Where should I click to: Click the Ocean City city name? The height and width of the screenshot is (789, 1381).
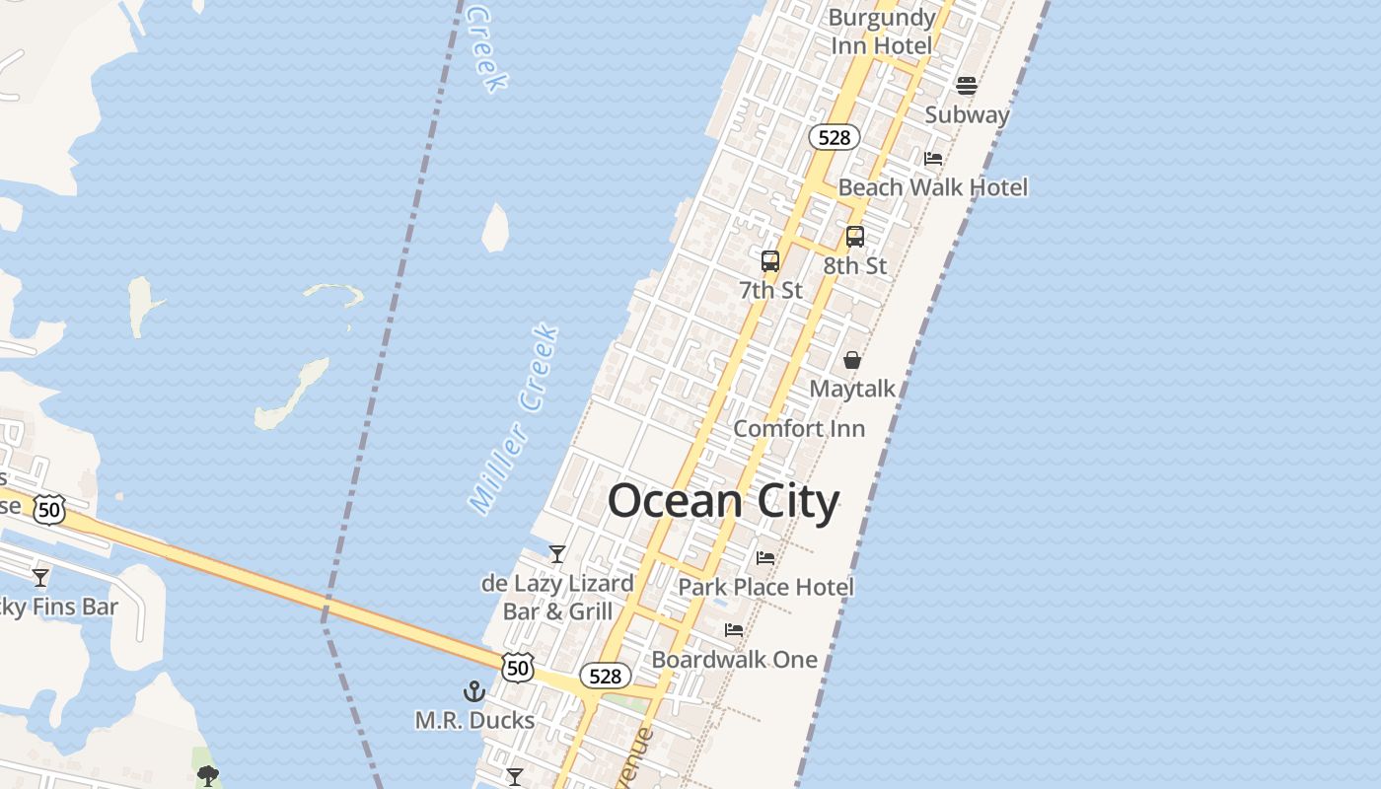pyautogui.click(x=723, y=501)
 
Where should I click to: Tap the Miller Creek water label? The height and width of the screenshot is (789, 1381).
pyautogui.click(x=514, y=419)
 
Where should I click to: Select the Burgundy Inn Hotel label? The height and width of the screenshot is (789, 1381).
pyautogui.click(x=881, y=32)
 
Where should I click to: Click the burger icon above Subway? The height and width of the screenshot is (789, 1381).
pyautogui.click(x=967, y=86)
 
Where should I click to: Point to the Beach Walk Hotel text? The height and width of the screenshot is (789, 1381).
pyautogui.click(x=932, y=187)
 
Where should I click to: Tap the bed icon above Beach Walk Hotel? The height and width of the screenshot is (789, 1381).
pyautogui.click(x=933, y=159)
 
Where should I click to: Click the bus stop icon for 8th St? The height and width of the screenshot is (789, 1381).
pyautogui.click(x=855, y=237)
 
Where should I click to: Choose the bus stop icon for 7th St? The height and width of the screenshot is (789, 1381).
pyautogui.click(x=770, y=261)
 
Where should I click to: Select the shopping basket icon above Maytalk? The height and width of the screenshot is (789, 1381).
pyautogui.click(x=852, y=360)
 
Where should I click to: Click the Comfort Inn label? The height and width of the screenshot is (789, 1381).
pyautogui.click(x=799, y=428)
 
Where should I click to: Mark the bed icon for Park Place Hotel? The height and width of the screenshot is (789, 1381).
pyautogui.click(x=765, y=558)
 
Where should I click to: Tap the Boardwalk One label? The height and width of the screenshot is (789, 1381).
pyautogui.click(x=734, y=659)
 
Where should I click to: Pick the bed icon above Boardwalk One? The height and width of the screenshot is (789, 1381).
pyautogui.click(x=734, y=630)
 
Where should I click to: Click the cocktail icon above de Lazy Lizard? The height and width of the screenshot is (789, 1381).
pyautogui.click(x=557, y=554)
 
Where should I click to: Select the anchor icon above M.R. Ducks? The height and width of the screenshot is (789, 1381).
pyautogui.click(x=474, y=691)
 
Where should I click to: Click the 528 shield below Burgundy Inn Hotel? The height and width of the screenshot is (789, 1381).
pyautogui.click(x=835, y=137)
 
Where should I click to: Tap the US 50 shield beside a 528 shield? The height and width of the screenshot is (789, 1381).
pyautogui.click(x=518, y=668)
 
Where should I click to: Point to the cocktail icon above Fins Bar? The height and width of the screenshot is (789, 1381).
pyautogui.click(x=40, y=577)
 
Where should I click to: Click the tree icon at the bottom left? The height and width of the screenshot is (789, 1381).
pyautogui.click(x=207, y=776)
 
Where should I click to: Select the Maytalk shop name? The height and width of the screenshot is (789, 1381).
pyautogui.click(x=852, y=389)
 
